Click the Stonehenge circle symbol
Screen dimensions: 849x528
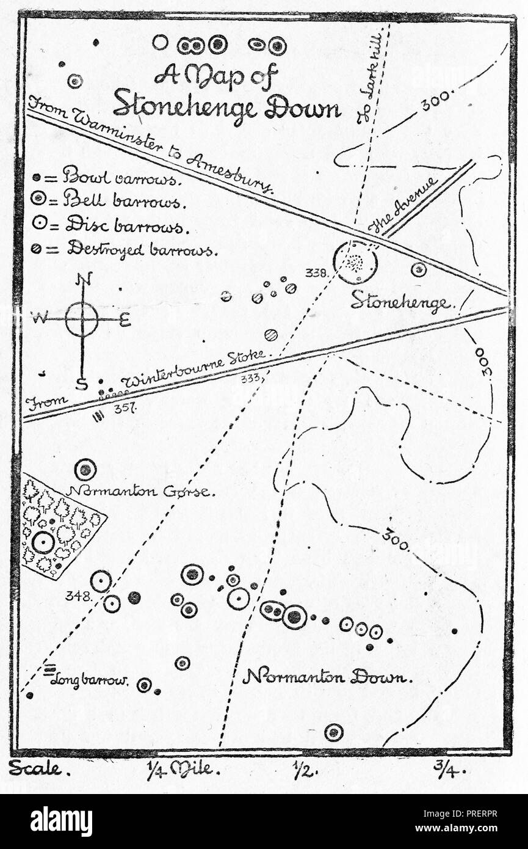point(355,262)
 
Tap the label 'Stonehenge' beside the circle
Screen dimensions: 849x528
point(400,302)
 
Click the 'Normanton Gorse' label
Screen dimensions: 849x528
point(140,491)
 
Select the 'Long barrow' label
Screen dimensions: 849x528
point(89,680)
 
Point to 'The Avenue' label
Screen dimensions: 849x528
point(403,206)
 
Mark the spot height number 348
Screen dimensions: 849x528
point(79,596)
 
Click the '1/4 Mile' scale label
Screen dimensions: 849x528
point(183,769)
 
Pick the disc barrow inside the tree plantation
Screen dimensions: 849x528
point(43,542)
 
